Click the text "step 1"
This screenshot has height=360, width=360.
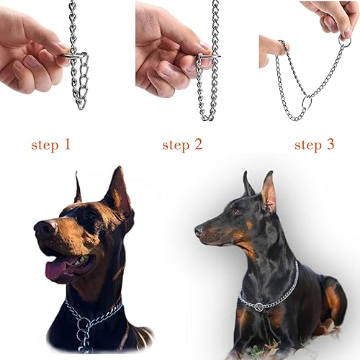point(50,145)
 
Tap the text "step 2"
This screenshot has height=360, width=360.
point(181,145)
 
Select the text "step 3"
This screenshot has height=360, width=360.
point(314,145)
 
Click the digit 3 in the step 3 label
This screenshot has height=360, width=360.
point(330,145)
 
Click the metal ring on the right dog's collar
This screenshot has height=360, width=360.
point(258,307)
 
